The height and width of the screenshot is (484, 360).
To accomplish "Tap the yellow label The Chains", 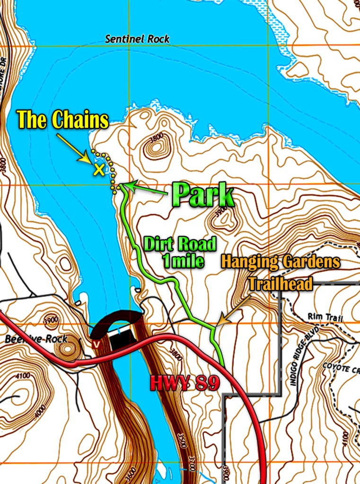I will tap(62, 120).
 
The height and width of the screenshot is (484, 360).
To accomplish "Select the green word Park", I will tap(203, 193).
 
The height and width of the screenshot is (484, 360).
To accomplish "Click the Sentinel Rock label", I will tap(137, 39).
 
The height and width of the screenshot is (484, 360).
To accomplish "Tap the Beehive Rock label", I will tap(36, 339).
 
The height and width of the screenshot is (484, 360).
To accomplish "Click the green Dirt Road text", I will tap(180, 245).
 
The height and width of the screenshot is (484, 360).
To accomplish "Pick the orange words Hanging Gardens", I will tap(280, 262).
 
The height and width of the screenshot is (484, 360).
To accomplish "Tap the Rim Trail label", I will tap(325, 316).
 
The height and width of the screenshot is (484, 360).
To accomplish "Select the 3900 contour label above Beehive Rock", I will tap(51, 319).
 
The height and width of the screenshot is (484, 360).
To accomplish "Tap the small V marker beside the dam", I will tap(96, 345).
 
